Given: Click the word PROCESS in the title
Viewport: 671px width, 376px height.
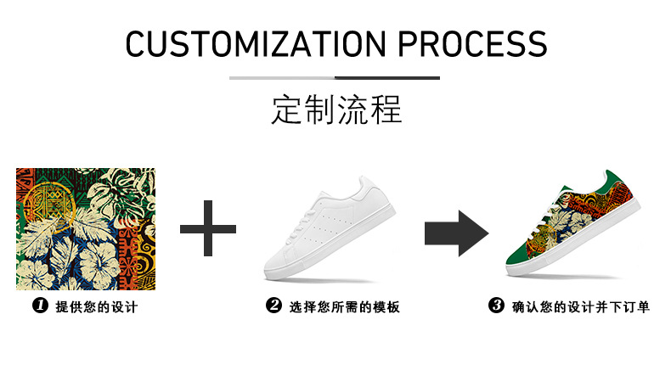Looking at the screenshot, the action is pyautogui.click(x=474, y=43).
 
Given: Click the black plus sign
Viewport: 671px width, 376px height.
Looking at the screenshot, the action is pyautogui.click(x=208, y=228).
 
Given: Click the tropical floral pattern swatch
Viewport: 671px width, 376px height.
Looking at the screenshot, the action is pyautogui.click(x=86, y=228).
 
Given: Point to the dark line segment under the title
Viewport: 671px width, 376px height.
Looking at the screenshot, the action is pyautogui.click(x=387, y=78).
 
